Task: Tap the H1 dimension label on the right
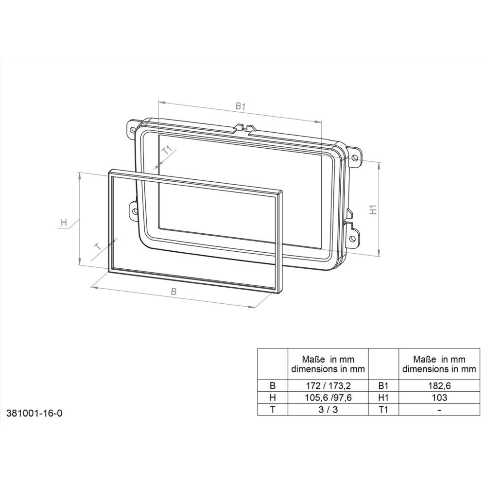(373, 210)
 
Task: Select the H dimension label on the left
(64, 223)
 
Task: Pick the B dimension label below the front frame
(174, 292)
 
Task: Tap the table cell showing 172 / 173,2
(328, 386)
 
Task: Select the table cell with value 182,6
(439, 386)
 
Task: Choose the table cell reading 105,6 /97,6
(328, 398)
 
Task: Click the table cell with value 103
(439, 398)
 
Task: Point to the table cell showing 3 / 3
(328, 409)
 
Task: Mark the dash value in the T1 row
(439, 409)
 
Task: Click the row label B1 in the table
(383, 386)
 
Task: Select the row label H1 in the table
(383, 398)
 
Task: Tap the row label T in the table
(272, 409)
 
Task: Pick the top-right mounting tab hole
(356, 157)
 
